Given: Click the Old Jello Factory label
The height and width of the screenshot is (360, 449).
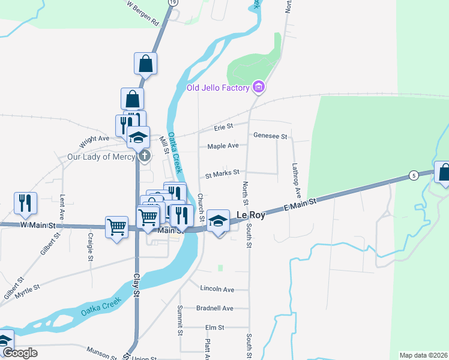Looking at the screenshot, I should point(217,88).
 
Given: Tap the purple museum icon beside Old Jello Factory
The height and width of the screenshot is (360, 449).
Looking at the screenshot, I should point(259,88).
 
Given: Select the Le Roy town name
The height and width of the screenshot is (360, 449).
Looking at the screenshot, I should point(251,215).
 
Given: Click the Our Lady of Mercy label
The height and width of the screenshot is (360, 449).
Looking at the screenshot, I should point(101,157).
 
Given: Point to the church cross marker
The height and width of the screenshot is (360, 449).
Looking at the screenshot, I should point(145,157).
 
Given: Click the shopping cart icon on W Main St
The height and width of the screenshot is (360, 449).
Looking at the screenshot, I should point(116,227).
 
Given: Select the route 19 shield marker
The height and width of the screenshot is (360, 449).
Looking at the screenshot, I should point(173,2).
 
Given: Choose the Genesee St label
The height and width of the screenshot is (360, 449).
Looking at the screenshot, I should point(271,136).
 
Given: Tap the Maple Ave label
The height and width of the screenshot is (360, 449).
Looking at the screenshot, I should point(223,146).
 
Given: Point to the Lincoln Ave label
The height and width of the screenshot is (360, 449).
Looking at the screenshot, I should point(217,289).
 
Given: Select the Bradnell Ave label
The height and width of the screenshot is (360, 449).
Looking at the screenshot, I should point(214,308).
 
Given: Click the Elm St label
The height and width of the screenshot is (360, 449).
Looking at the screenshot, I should point(214,328).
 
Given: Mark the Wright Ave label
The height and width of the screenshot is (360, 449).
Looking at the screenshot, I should point(94,142).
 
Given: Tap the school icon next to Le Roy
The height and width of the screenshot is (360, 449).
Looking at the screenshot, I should point(218,221).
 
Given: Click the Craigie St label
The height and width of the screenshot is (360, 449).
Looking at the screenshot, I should point(90,247).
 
